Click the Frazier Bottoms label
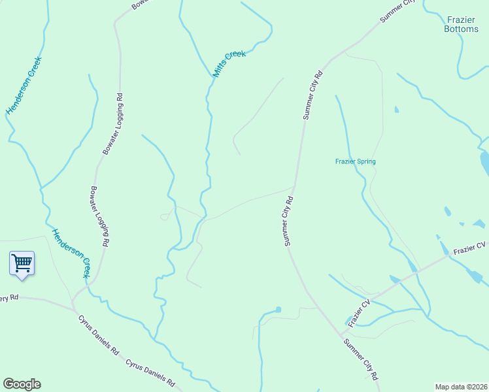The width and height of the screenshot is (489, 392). point(461,24)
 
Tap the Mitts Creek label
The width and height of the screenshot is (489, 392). point(229,64)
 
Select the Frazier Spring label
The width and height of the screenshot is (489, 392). point(355,161)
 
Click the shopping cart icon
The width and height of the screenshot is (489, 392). point(22,263)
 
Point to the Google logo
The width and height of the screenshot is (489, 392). point(22,384)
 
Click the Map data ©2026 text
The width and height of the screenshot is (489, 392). point(461,387)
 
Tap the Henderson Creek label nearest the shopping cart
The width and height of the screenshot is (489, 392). point(71,253)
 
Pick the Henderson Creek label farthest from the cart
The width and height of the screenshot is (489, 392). point(24,86)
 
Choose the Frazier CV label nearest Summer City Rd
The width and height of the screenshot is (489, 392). point(360,312)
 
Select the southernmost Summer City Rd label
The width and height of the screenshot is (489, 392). point(360,359)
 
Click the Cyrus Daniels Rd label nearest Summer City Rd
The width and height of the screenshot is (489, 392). point(151,372)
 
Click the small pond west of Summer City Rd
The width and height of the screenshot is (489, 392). point(278,309)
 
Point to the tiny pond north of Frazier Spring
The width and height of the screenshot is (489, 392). point(396,110)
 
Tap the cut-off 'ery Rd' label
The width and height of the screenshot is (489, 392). point(10,298)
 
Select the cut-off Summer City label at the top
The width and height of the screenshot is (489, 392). point(397,12)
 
